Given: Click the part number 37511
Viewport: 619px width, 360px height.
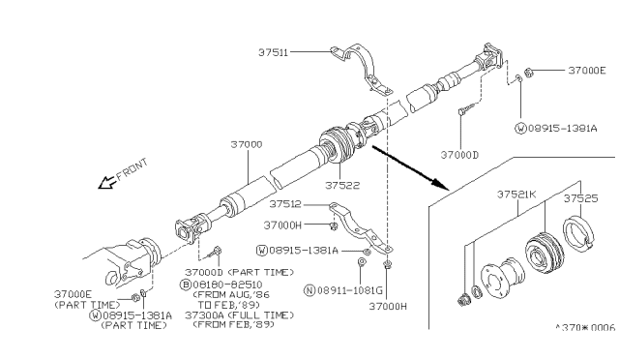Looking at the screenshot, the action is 273,52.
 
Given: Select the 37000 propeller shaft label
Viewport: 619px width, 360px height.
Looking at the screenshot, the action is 247,144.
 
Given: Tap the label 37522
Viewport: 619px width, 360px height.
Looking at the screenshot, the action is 342,186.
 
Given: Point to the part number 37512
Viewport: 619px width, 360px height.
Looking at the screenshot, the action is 285,204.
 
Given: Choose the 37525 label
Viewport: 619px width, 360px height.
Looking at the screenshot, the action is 580,198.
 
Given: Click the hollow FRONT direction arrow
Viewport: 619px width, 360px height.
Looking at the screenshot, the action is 106,182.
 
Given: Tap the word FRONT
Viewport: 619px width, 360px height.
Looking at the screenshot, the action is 132,169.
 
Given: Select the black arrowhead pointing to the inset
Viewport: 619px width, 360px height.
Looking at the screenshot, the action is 441,184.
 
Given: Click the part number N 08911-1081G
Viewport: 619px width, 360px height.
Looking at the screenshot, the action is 343,290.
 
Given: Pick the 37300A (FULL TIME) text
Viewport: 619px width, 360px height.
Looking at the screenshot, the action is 240,315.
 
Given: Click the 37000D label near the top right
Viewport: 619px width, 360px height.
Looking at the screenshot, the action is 459,155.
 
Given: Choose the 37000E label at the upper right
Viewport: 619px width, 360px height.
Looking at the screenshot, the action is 587,71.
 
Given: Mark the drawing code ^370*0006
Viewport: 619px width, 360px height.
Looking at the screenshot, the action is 585,328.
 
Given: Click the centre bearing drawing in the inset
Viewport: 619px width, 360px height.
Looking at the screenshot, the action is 545,253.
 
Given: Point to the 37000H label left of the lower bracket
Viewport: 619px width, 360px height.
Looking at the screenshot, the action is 282,225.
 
